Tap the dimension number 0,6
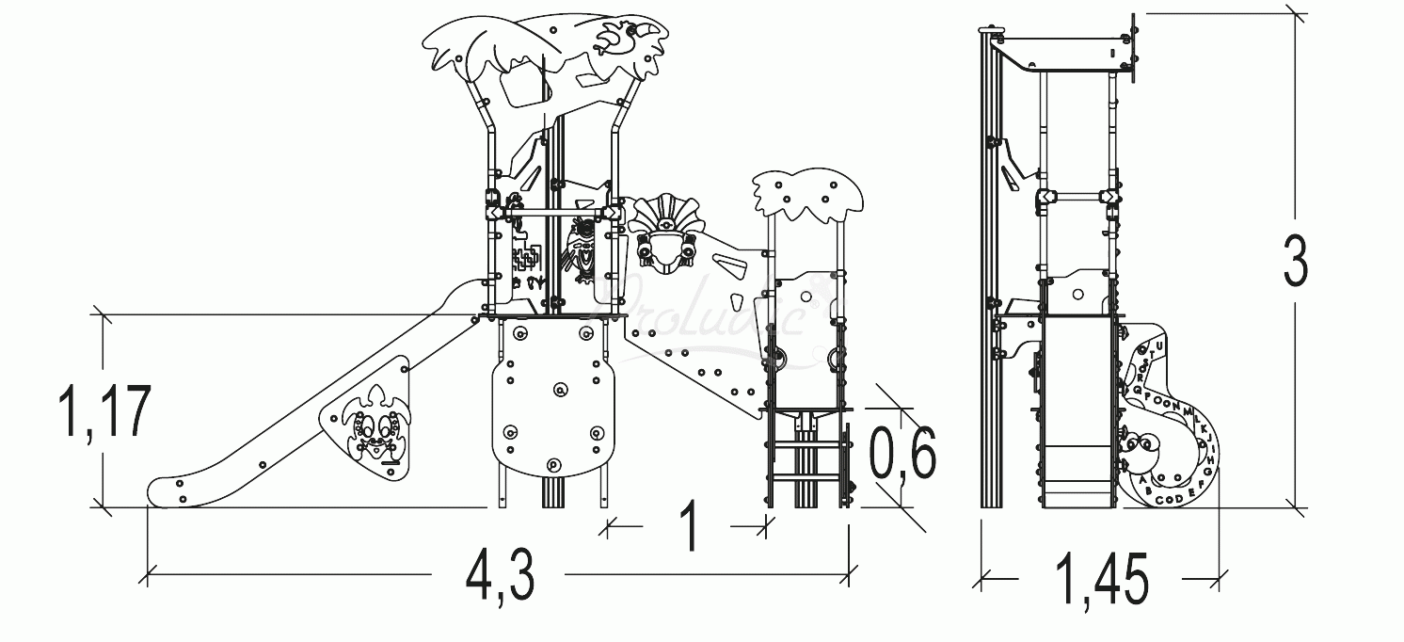(902, 455)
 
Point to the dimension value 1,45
(1102, 579)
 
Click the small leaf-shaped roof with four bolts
(807, 198)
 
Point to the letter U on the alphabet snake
(1159, 345)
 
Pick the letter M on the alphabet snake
(1186, 410)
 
